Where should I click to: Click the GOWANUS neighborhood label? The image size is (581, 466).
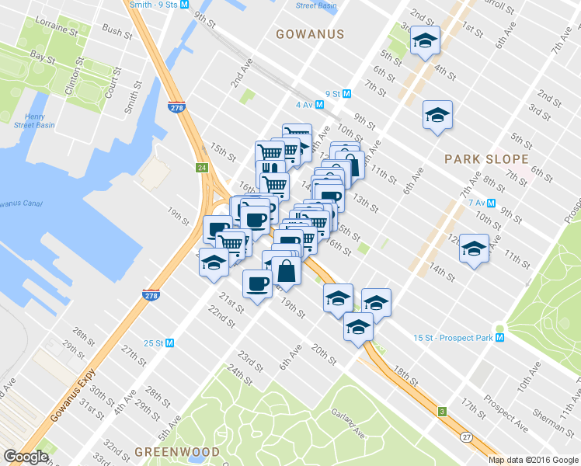(x=310, y=34)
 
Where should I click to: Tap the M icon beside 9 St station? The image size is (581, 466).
(x=347, y=93)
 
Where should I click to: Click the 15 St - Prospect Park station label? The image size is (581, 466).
(x=454, y=338)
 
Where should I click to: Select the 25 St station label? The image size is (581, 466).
(x=154, y=343)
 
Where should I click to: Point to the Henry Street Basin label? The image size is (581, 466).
(x=35, y=120)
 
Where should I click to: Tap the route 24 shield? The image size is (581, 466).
(x=201, y=168)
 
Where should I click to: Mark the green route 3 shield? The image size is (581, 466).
(x=443, y=411)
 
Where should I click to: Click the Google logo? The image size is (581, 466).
(x=26, y=457)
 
